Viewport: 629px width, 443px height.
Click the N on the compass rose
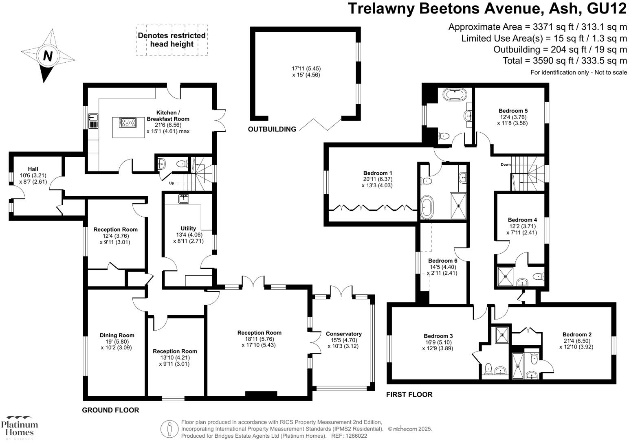coord(48,56)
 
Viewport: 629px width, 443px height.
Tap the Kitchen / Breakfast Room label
coord(167,116)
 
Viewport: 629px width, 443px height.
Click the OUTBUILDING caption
coord(272,129)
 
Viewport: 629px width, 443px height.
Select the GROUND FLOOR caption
coord(110,410)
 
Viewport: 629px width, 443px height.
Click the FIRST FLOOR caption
coord(409,395)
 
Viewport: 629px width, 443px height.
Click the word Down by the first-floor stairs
coord(506,164)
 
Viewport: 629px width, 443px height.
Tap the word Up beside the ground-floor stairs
coord(172,183)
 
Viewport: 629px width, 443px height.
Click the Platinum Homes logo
coord(19,428)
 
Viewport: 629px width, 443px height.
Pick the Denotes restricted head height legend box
coord(172,40)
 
